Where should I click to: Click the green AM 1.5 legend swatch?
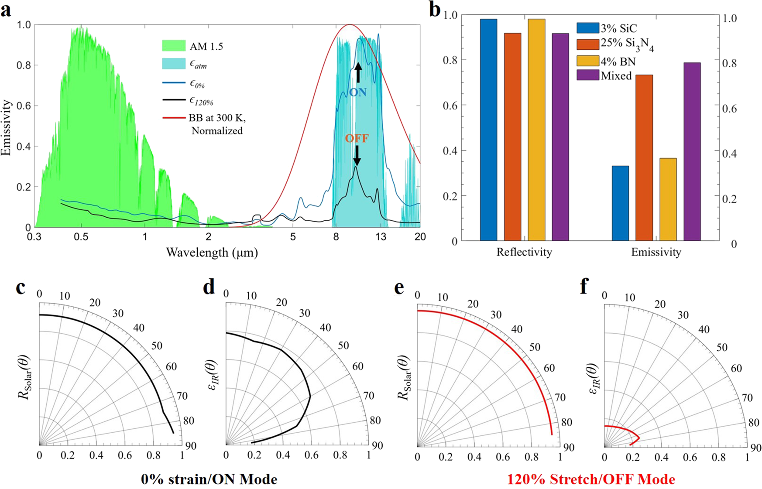pos(174,46)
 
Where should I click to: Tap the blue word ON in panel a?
pos(357,92)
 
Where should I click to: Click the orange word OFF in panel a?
pos(357,139)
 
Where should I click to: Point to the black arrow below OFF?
pos(357,156)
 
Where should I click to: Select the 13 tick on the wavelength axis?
pos(381,237)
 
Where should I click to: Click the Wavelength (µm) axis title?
pos(212,253)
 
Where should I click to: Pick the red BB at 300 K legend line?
pos(174,118)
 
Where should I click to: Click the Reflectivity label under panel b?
pos(524,252)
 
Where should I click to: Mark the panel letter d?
pos(209,287)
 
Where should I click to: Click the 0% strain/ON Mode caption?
pos(209,479)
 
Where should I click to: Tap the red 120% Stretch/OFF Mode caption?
pos(591,479)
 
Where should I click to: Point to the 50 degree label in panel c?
pos(156,346)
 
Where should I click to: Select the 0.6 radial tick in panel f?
pos(690,457)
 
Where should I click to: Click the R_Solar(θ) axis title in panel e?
pos(404,384)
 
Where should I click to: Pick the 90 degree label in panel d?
pos(377,445)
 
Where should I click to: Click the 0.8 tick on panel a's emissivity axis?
pos(24,65)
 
